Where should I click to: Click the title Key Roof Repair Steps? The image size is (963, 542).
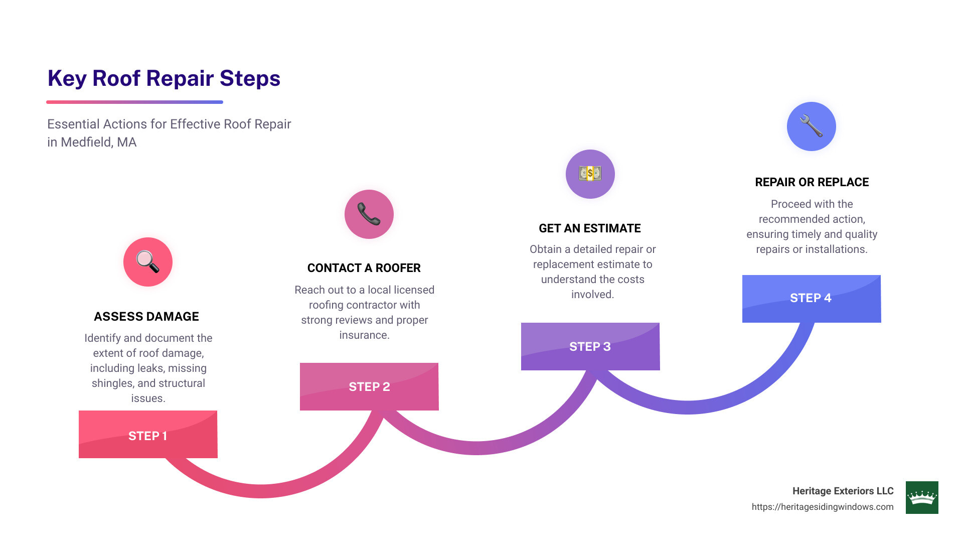tap(164, 79)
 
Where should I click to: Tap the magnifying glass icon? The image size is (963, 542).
tap(148, 262)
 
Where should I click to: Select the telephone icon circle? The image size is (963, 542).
tap(369, 214)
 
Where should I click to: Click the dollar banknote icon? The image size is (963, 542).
tap(590, 174)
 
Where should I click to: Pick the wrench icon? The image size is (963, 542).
tap(811, 126)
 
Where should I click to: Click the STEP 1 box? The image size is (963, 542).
tap(148, 435)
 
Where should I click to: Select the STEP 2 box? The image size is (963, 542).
tap(369, 386)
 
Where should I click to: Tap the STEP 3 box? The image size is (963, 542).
tap(590, 346)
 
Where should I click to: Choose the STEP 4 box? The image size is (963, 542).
tap(811, 298)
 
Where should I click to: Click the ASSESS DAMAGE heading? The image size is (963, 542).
tap(146, 317)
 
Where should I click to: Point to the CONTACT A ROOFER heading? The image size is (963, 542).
tap(364, 268)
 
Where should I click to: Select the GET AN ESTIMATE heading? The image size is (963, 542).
tap(590, 228)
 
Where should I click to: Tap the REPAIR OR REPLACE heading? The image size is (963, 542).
tap(812, 182)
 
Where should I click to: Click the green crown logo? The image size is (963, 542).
tap(922, 497)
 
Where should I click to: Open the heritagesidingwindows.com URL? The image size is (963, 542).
tap(823, 507)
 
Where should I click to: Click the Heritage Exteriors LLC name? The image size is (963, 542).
tap(843, 491)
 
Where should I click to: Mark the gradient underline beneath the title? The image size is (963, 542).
tap(134, 102)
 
